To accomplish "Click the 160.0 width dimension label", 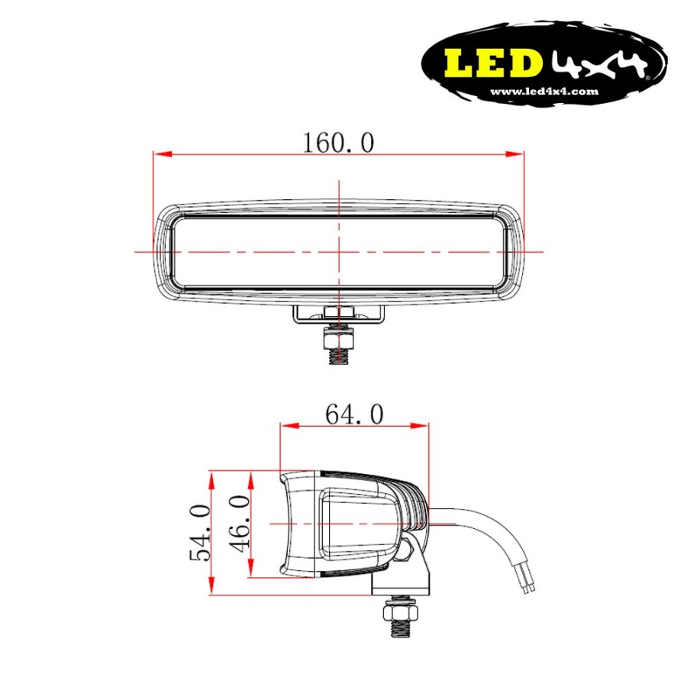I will point(338,142).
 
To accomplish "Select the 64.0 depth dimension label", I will point(353,414).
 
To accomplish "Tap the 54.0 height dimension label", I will point(199,532).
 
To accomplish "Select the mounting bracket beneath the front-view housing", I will point(338,314).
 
